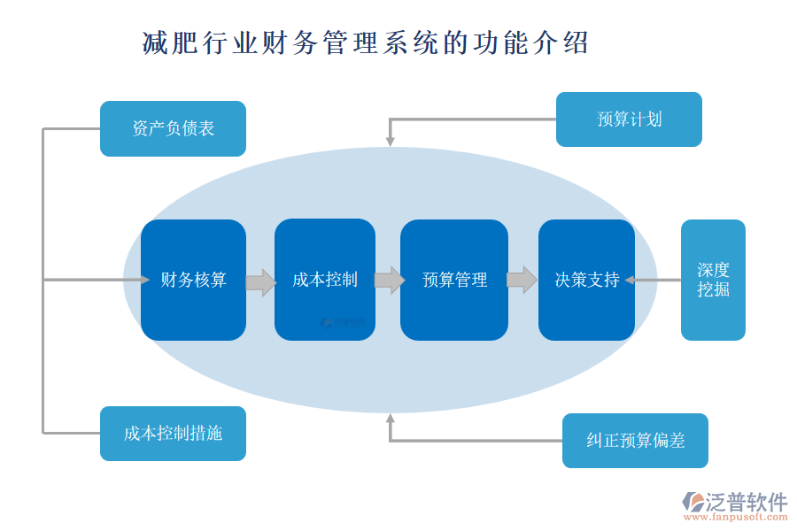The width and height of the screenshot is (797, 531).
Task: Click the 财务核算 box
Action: tap(193, 280)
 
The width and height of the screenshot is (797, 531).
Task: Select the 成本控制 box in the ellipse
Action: tap(325, 280)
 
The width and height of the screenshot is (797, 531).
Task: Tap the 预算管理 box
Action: tap(454, 280)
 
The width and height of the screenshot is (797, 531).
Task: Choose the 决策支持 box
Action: tap(586, 280)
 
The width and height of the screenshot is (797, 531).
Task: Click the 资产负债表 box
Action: tap(173, 128)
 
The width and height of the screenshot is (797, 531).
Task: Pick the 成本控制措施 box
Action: tap(173, 434)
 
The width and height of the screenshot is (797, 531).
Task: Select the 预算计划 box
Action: tap(629, 119)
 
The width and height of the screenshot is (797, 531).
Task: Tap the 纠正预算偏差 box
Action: tap(635, 441)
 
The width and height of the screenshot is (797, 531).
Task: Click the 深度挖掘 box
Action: tap(713, 280)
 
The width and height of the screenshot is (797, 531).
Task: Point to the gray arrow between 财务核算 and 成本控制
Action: tap(260, 282)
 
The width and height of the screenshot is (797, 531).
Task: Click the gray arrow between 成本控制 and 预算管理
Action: tap(390, 281)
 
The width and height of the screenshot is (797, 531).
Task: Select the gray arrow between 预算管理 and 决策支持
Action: tap(522, 280)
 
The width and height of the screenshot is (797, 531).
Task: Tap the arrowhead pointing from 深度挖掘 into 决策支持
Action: tap(630, 280)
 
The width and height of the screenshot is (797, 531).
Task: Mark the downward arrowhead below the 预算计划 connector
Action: tap(390, 141)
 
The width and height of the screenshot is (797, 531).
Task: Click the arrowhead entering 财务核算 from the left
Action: tap(144, 280)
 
